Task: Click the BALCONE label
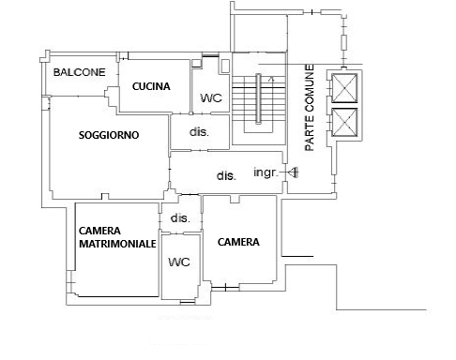(79, 72)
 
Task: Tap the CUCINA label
(151, 86)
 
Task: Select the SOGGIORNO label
(109, 135)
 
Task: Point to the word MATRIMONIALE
(117, 244)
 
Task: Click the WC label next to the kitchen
(211, 98)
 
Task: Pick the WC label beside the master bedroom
(179, 262)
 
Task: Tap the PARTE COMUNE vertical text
(310, 108)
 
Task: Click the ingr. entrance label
(266, 172)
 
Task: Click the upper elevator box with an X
(344, 88)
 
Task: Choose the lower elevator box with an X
(344, 123)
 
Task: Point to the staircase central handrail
(258, 98)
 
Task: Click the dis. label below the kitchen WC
(199, 132)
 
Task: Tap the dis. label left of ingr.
(226, 175)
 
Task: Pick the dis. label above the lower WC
(180, 218)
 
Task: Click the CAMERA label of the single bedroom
(238, 242)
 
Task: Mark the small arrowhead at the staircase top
(271, 79)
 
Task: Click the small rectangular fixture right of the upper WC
(225, 66)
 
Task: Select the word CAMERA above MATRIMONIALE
(99, 231)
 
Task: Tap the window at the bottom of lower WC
(187, 302)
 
